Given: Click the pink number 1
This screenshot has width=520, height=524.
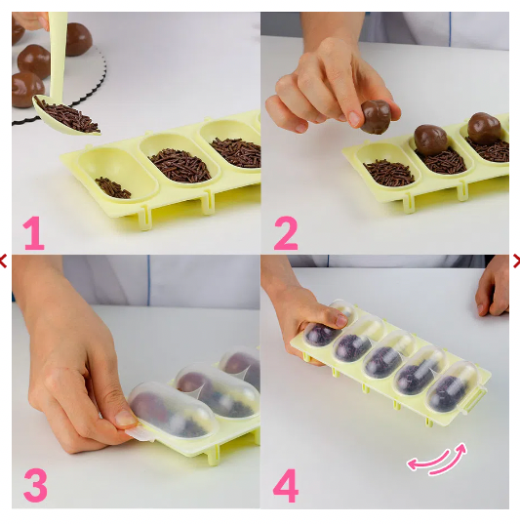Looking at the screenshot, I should pyautogui.click(x=33, y=234).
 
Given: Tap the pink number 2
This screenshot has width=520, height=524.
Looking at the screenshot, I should pyautogui.click(x=285, y=234).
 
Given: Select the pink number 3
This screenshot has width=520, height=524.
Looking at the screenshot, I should pyautogui.click(x=34, y=485).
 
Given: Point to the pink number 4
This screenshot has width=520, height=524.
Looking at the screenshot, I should pyautogui.click(x=285, y=485).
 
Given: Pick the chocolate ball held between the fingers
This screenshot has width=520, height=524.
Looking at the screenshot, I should pyautogui.click(x=376, y=117).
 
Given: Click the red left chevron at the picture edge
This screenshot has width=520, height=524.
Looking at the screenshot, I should pyautogui.click(x=4, y=261).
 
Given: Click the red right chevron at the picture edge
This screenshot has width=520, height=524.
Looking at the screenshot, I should pyautogui.click(x=515, y=261).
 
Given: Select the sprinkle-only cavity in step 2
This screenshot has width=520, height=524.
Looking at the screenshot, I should pyautogui.click(x=388, y=172).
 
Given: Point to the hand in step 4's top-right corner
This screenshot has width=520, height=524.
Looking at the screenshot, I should pyautogui.click(x=494, y=286).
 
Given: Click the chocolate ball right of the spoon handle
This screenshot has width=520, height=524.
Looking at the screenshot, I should pyautogui.click(x=77, y=38).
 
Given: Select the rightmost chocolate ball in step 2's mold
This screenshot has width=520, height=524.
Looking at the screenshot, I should pyautogui.click(x=483, y=128).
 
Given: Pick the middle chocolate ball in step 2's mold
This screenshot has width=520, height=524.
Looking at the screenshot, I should pyautogui.click(x=430, y=139).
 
